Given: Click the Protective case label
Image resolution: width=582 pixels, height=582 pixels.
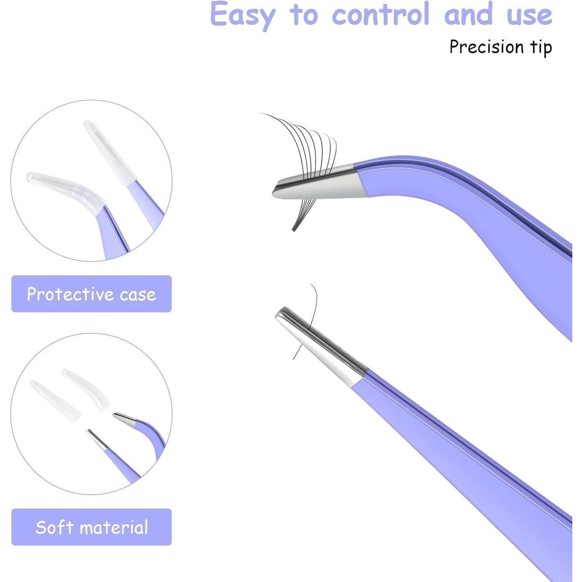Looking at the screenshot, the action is (x=92, y=294).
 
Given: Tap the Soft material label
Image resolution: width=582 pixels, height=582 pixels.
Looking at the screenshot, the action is (x=92, y=527).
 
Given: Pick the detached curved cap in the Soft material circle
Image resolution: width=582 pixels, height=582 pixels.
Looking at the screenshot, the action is (x=87, y=388).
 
